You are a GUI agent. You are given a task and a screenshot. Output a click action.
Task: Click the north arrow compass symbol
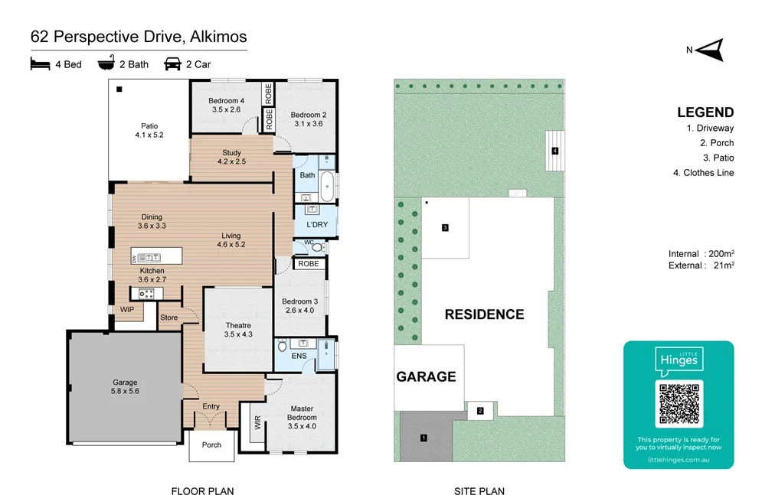pos(711,50)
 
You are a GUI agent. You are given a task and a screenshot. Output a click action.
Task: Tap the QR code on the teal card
pos(679,404)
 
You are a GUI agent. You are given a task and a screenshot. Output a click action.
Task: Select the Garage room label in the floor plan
pos(125,386)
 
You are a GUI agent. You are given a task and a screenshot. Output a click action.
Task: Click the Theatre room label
pos(238,330)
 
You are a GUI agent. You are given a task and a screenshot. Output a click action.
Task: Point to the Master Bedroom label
pos(302,418)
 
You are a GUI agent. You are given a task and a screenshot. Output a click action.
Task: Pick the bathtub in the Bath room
pos(327,186)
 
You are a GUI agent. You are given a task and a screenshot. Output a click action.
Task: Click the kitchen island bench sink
pos(149,258)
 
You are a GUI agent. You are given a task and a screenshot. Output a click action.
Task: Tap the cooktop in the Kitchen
pos(146,294)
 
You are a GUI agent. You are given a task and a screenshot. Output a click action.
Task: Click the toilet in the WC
pos(318,248)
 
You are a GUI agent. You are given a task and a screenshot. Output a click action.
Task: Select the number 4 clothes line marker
pos(555,151)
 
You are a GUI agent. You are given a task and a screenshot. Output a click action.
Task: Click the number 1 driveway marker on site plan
pos(424,438)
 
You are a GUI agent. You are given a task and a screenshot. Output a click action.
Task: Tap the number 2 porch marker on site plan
pos(480,411)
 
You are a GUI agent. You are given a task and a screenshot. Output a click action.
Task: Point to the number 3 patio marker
pos(445,227)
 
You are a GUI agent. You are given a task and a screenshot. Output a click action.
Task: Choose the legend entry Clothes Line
pos(703,173)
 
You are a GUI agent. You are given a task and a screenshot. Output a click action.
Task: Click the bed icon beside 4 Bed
pos(40,64)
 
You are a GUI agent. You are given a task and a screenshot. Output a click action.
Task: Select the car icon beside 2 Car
pos(172,64)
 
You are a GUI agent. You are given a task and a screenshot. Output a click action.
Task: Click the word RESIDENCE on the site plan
pos(485,314)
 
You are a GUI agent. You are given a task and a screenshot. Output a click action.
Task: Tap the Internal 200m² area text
pos(701,254)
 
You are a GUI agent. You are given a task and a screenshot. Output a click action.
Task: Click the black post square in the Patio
pos(119,90)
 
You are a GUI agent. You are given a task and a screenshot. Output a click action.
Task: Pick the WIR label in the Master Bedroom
pos(257,422)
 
